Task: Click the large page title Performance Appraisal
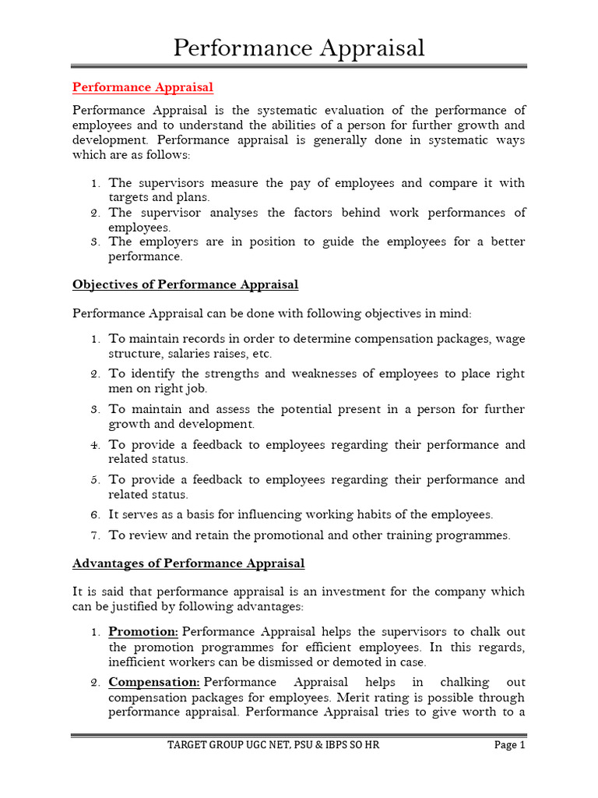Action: coord(298,48)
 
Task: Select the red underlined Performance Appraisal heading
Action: coord(142,87)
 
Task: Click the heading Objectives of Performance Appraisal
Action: coord(185,284)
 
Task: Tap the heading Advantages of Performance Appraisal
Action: coord(188,563)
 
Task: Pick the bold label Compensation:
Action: coord(154,682)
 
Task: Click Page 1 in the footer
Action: coord(510,745)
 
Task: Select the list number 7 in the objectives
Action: coord(94,535)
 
